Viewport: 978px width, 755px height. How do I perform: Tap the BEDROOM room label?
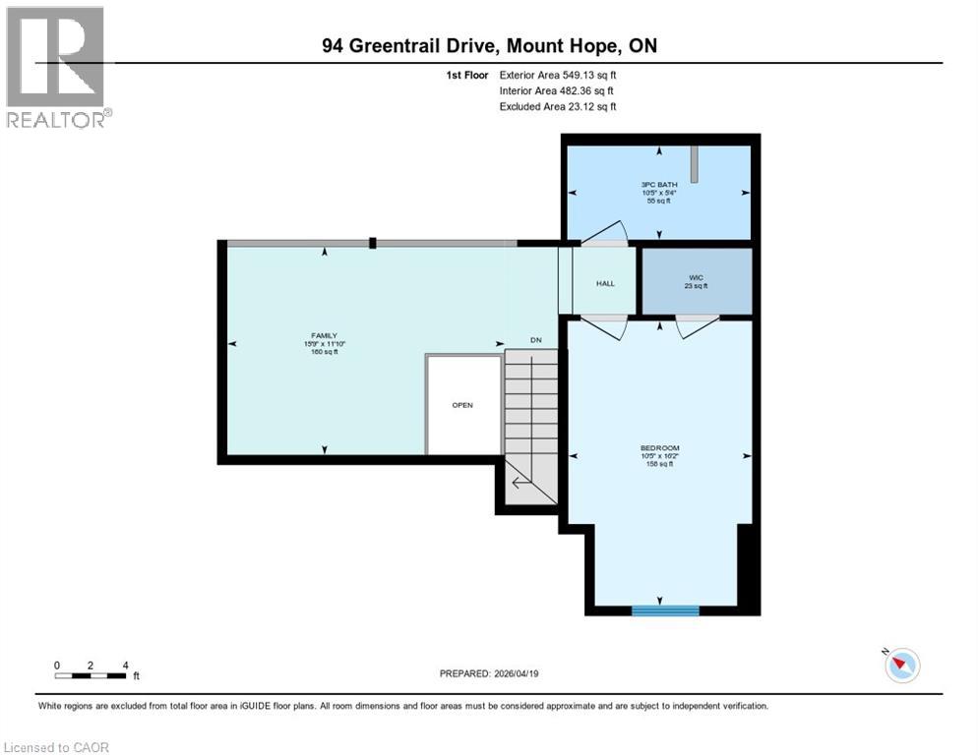[659, 448]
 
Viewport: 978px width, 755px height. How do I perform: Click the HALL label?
[605, 283]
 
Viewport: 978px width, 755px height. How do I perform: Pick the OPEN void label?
[462, 405]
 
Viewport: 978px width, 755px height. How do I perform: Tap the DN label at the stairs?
[536, 340]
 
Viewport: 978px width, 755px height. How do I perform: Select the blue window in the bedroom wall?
[665, 610]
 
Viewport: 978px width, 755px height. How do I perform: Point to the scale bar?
[91, 674]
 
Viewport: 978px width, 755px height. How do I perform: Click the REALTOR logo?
[56, 67]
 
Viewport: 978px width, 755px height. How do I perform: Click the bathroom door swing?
[602, 232]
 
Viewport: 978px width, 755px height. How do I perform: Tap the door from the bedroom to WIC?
[697, 325]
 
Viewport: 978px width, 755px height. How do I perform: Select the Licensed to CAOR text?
[56, 747]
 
